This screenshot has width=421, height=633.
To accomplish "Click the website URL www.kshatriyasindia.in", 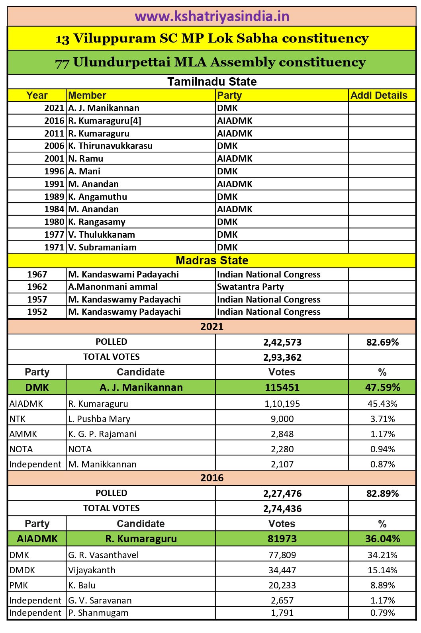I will (211, 17).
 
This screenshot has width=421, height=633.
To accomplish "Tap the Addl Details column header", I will (379, 96).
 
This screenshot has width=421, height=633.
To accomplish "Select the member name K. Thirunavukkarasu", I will (110, 146).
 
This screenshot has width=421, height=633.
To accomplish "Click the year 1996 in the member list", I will (54, 171).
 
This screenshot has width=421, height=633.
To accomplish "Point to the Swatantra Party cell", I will (250, 287).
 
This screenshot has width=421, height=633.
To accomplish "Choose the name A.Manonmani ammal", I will (113, 287).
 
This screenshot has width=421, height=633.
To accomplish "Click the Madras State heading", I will (212, 260).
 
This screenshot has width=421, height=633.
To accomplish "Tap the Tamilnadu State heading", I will (212, 82).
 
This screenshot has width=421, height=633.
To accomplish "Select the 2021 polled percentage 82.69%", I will (382, 342).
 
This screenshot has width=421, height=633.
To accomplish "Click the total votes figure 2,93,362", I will (282, 357).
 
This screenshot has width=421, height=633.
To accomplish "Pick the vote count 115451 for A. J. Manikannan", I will (282, 387).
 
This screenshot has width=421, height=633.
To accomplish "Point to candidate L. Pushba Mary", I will (99, 419).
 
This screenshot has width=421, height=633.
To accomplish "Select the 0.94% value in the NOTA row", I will (382, 449).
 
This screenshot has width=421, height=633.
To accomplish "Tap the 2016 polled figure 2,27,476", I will (282, 493).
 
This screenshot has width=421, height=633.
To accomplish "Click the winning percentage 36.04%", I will (382, 539).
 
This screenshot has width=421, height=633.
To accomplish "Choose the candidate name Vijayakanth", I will (92, 570).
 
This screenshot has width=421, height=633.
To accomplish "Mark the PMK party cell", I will (19, 585).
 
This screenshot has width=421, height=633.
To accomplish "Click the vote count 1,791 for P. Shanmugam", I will (282, 613).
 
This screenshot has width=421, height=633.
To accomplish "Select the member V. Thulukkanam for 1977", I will (102, 234).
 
